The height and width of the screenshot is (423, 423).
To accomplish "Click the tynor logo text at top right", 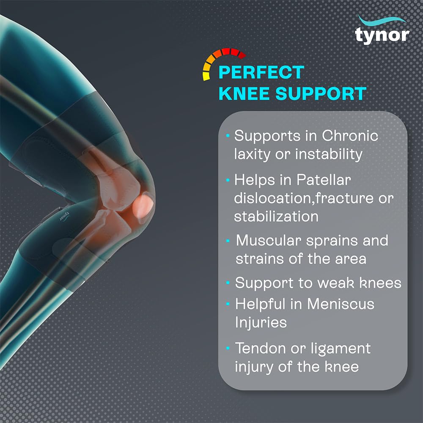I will [x=382, y=35].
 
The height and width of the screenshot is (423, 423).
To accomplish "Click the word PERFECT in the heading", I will [x=261, y=72].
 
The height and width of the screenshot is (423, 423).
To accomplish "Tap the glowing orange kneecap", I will [x=143, y=204].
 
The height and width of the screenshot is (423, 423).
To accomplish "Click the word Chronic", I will [x=350, y=136].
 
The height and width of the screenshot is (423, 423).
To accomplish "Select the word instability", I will [x=329, y=154].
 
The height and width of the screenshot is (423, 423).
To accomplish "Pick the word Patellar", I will [x=324, y=180].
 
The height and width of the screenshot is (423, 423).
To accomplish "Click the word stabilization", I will [x=276, y=216].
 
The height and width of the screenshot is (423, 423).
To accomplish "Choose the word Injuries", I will [x=261, y=322].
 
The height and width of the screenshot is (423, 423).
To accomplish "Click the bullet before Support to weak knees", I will [x=228, y=282].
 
